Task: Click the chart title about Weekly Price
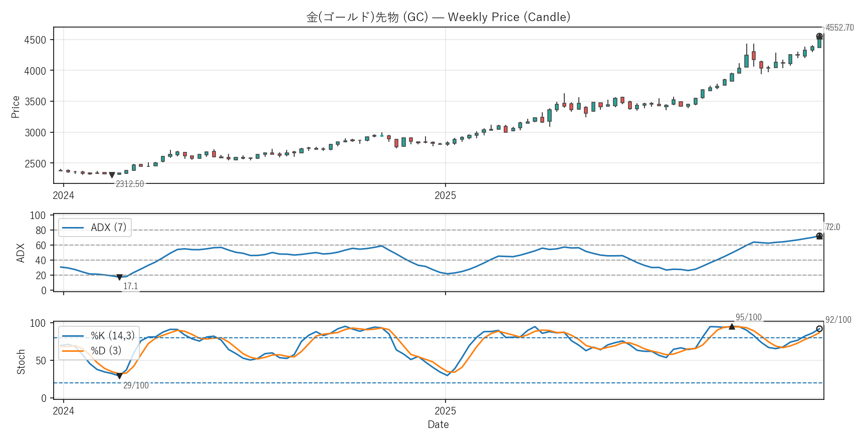pyautogui.click(x=438, y=17)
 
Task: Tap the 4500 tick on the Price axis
pyautogui.click(x=35, y=40)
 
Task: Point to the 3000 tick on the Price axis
pyautogui.click(x=35, y=133)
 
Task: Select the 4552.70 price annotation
pyautogui.click(x=839, y=28)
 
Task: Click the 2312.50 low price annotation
pyautogui.click(x=130, y=184)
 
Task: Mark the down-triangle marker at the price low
pyautogui.click(x=112, y=175)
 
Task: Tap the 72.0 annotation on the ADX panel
pyautogui.click(x=832, y=227)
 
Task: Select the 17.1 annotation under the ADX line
pyautogui.click(x=130, y=286)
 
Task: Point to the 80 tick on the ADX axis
pyautogui.click(x=40, y=231)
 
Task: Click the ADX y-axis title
pyautogui.click(x=21, y=253)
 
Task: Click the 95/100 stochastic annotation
pyautogui.click(x=748, y=317)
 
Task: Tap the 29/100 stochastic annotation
pyautogui.click(x=136, y=385)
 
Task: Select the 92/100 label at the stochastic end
pyautogui.click(x=838, y=320)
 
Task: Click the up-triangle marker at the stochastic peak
pyautogui.click(x=732, y=327)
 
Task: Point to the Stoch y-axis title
pyautogui.click(x=21, y=361)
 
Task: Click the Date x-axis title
pyautogui.click(x=438, y=424)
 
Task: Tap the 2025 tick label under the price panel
pyautogui.click(x=445, y=195)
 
